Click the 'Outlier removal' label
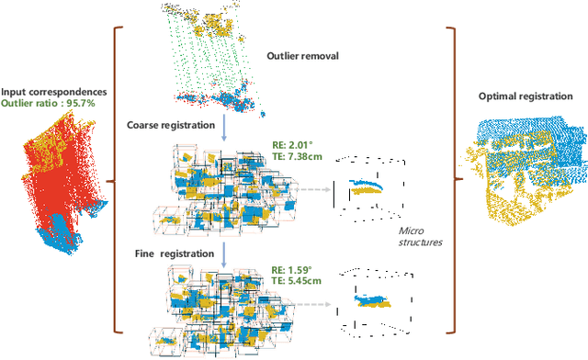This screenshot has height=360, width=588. (x=301, y=54)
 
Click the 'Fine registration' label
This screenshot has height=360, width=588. (x=170, y=251)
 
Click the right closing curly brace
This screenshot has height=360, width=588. (x=452, y=180)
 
